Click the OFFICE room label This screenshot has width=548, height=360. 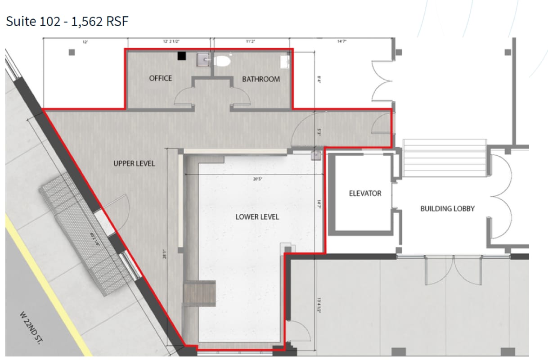pos(161,78)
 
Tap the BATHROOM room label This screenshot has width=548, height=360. pos(261,79)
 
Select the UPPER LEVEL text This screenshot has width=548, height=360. pos(134,163)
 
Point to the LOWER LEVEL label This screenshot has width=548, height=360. pos(257,217)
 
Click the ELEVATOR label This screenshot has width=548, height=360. pos(365,193)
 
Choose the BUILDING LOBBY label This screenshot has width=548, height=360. pos(447,209)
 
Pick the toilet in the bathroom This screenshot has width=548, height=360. pos(223,60)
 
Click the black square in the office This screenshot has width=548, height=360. pos(182,56)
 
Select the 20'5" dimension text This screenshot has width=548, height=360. pos(257,179)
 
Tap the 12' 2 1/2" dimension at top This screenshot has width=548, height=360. pos(171,41)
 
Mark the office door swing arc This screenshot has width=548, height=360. pos(182,96)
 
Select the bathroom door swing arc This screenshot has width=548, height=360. pos(241,95)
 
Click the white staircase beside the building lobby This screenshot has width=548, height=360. pos(445,158)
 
